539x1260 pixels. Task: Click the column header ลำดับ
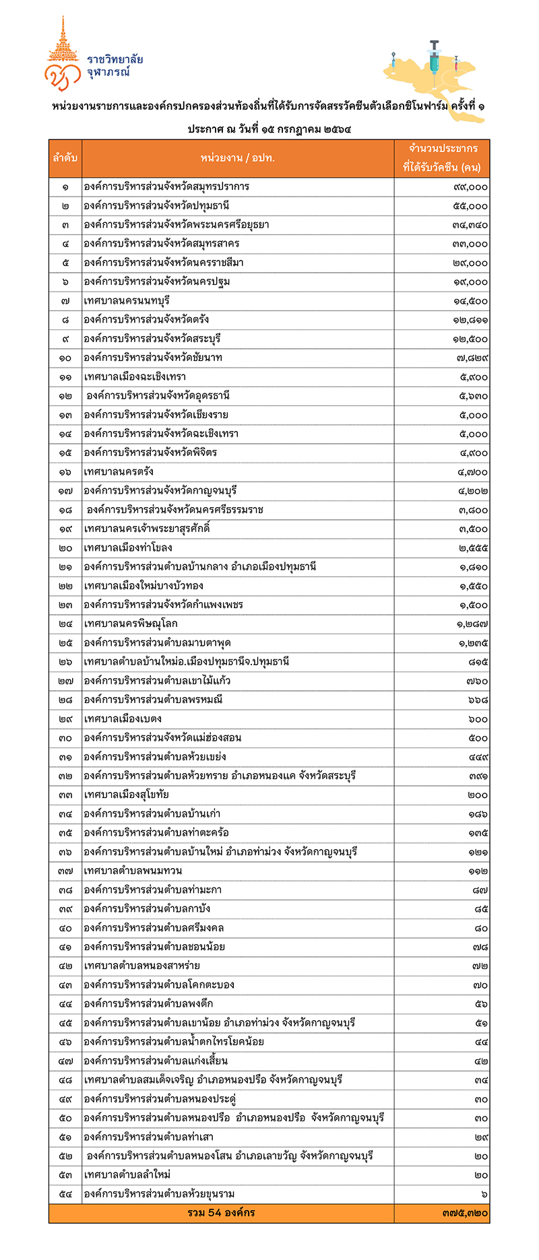tap(65, 158)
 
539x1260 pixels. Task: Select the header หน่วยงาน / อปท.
tap(238, 158)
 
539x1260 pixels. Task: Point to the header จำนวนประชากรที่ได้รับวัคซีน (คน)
tap(441, 158)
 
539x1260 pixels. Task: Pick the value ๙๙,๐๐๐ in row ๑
tap(470, 187)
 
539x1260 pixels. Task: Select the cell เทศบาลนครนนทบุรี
tap(127, 300)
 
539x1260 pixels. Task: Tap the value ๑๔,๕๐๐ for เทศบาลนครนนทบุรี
tap(470, 301)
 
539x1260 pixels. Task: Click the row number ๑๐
tap(65, 358)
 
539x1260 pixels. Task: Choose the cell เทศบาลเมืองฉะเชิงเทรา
tap(135, 376)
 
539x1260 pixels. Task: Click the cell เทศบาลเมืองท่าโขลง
tap(128, 548)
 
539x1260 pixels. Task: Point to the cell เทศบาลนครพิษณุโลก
tap(131, 624)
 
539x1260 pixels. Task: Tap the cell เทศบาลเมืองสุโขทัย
tap(126, 795)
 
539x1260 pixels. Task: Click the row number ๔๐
tap(65, 928)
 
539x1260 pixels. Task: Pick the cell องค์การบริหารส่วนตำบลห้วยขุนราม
tap(159, 1194)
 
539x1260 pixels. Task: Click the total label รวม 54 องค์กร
tap(222, 1213)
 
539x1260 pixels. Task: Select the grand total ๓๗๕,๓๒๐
tap(466, 1214)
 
